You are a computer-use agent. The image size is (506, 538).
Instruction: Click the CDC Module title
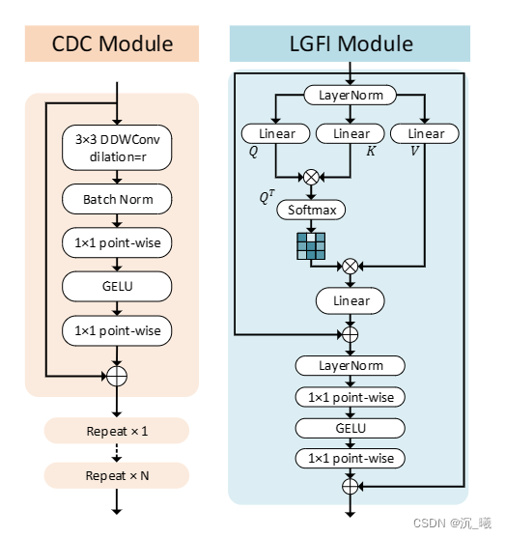click(x=112, y=43)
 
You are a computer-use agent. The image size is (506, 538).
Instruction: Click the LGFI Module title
click(x=350, y=43)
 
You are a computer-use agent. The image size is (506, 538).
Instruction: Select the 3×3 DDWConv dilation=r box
click(x=117, y=145)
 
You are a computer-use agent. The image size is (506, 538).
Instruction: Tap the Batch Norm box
click(x=117, y=200)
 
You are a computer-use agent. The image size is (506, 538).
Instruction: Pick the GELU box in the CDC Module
click(x=117, y=287)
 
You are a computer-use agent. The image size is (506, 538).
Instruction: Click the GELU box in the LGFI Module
click(x=351, y=427)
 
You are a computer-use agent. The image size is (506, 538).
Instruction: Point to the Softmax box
click(x=312, y=209)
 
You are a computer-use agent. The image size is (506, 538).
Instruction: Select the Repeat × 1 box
click(x=117, y=430)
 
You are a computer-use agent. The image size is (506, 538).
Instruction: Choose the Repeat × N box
click(x=117, y=475)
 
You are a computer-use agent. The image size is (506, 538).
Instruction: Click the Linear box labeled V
click(x=425, y=133)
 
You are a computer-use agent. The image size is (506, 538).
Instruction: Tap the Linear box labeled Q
click(x=276, y=133)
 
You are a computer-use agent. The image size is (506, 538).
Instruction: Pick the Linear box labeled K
click(x=351, y=133)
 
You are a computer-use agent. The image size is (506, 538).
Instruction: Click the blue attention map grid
click(x=311, y=246)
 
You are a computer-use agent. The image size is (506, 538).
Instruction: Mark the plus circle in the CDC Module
click(x=117, y=373)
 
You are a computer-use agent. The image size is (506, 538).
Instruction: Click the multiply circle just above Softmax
click(x=311, y=176)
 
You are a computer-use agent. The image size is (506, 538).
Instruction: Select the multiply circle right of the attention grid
click(x=350, y=264)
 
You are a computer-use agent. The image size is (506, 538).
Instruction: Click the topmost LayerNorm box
click(x=351, y=95)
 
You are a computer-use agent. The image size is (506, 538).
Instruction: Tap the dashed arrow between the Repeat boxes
click(x=117, y=452)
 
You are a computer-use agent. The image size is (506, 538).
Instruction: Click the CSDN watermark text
click(x=451, y=522)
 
